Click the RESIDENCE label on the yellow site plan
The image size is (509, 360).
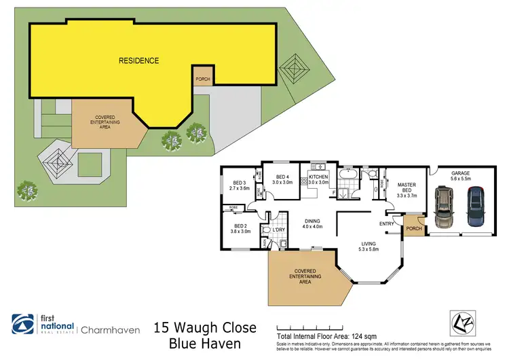coord(139,60)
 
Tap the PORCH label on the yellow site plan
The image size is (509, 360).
coord(202,78)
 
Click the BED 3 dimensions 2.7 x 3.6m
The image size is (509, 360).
coord(241,188)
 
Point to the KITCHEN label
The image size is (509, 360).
coord(318,176)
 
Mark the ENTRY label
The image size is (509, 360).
coord(387,223)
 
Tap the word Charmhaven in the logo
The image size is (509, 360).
coord(111,330)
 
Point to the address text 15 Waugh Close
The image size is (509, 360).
coord(206,328)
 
